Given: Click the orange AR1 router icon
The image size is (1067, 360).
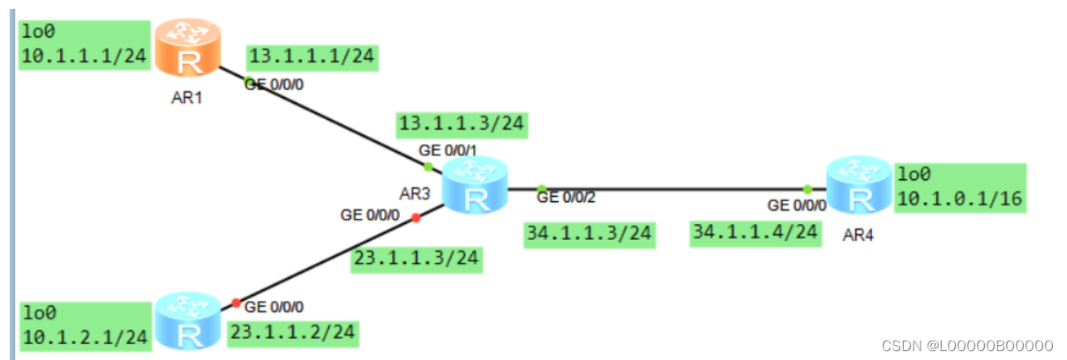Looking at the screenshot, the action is point(187,50).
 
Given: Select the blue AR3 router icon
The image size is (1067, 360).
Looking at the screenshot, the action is point(475,185).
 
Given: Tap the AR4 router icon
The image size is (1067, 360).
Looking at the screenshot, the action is point(859,185).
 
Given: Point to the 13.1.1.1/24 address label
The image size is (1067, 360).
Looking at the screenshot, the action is point(312,58).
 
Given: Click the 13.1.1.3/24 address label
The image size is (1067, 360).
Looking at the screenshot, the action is point(462,124).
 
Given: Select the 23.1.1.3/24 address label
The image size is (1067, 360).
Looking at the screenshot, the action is point(416,259).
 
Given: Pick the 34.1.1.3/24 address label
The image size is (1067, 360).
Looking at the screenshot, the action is point(589,234).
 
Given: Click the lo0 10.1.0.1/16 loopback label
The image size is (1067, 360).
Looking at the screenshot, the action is point(959,187).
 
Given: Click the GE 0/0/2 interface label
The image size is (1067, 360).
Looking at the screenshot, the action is point(567,198).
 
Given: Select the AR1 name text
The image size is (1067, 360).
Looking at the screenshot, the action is point(187,97).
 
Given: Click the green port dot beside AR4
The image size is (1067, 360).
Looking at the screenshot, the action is point(808,189).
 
